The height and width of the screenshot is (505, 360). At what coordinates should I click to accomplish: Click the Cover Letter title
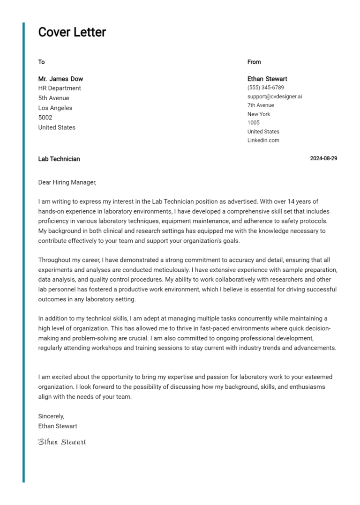point(72,32)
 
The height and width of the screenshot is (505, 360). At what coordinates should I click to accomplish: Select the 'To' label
point(41,62)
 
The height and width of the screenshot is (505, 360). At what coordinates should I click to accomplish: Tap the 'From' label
point(254,62)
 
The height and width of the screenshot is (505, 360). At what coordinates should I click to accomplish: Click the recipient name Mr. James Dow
point(60,79)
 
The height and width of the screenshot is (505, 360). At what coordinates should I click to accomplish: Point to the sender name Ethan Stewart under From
point(267,79)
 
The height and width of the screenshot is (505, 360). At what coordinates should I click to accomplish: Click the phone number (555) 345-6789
point(265,88)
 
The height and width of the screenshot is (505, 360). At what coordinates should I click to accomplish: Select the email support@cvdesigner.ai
point(275,97)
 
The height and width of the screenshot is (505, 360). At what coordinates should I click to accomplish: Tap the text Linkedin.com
point(263,140)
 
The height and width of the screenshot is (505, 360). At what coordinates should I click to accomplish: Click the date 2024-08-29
point(323,158)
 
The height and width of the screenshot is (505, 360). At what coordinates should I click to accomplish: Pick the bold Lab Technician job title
point(59,159)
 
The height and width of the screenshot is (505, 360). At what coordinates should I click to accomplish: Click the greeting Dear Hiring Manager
point(67,182)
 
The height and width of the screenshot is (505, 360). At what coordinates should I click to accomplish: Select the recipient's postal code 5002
point(45,118)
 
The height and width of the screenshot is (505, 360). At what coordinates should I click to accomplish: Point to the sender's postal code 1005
point(253,123)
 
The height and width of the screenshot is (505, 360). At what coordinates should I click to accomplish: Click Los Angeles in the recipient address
point(55,108)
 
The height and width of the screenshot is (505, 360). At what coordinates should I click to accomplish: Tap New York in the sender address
point(259,114)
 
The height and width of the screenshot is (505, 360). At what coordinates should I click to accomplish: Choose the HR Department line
point(60,88)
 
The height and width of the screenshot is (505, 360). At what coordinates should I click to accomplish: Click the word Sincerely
point(51,416)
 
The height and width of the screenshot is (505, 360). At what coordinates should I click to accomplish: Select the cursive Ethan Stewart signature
point(62,442)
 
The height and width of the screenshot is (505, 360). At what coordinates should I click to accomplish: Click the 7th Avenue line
point(261,105)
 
